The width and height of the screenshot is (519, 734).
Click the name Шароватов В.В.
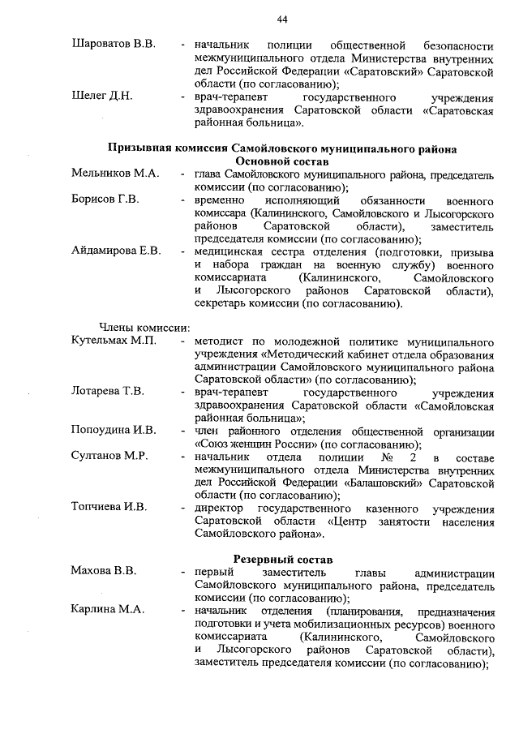(x=114, y=42)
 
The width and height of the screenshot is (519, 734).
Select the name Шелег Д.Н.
(x=102, y=97)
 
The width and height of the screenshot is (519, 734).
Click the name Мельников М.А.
(x=115, y=174)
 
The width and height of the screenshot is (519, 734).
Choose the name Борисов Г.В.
(x=105, y=199)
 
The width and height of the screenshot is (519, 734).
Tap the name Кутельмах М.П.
(x=114, y=341)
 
